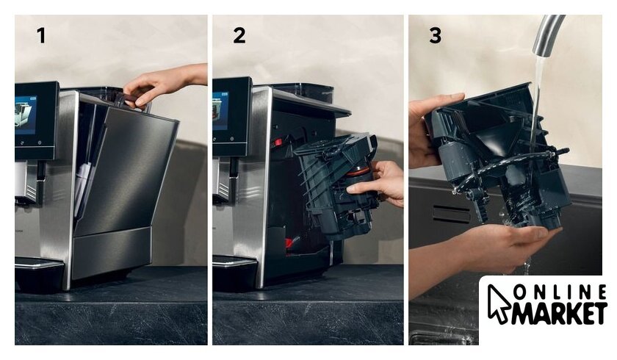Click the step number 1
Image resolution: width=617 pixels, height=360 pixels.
pos(41,35)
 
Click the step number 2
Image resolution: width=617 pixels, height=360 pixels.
pos(239,35)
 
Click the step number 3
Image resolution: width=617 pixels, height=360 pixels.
pos(435,35)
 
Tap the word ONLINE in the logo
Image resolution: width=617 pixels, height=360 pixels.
pos(560,292)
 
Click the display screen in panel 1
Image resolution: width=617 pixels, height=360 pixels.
pos(26,114)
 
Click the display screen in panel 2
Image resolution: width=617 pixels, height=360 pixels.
pos(221,111)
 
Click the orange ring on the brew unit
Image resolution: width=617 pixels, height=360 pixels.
pos(358,172)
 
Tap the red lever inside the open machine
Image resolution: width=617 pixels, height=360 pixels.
pos(278,142)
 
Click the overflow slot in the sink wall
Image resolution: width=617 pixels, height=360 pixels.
pos(451,213)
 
